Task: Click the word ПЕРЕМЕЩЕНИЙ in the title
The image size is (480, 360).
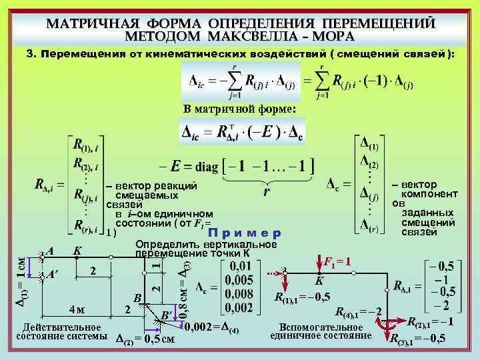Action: coord(369,23)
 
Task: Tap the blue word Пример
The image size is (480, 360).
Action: coord(245,233)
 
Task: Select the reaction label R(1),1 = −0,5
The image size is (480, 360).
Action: coord(301,297)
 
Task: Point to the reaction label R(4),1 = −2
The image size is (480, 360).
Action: coord(358,311)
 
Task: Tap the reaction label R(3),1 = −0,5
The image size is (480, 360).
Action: coord(418,338)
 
